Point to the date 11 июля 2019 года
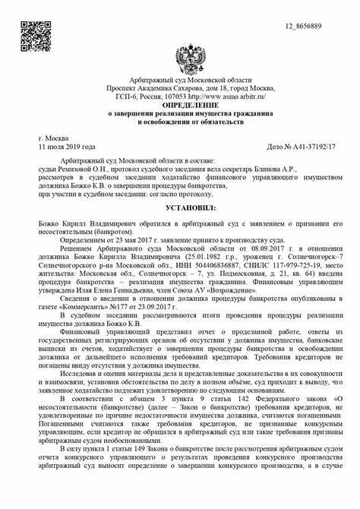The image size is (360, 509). coord(67,146)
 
